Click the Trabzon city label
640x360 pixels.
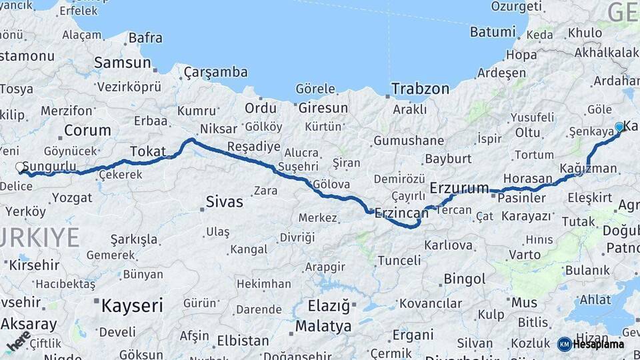point(420,89)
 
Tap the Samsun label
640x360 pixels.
point(122,63)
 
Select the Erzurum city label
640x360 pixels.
point(459,188)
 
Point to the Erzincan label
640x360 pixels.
point(401,213)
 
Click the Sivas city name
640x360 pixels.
point(224,201)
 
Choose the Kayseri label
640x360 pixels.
point(132,306)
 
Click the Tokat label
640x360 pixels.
point(147,151)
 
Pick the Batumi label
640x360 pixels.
point(493,32)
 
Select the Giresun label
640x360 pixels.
point(323,107)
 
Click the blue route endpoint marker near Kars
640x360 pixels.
point(619,127)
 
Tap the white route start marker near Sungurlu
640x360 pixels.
point(21,167)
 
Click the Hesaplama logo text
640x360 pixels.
point(598,344)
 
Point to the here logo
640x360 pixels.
point(18,341)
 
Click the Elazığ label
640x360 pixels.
point(329,306)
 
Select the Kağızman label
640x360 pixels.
point(589,168)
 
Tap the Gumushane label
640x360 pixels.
point(409,141)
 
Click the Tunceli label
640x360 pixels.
point(399,260)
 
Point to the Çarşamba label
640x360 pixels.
point(215,72)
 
